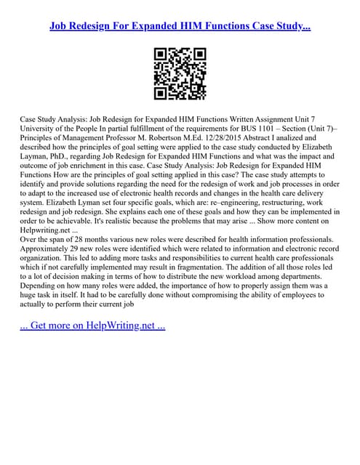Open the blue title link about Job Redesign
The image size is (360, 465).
(x=180, y=26)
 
